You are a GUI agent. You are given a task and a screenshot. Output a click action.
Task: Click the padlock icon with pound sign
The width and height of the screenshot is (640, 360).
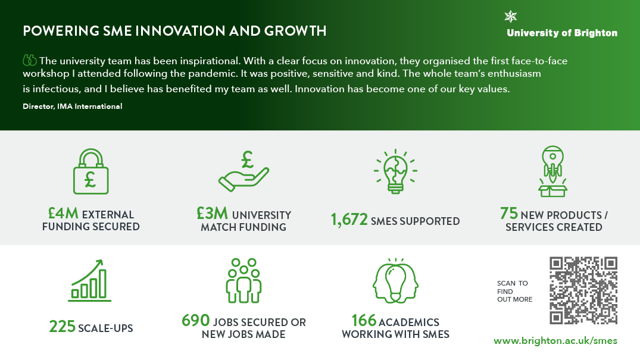pos(90,171)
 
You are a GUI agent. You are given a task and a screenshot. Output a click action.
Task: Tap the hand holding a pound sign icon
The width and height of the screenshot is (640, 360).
pos(243,171)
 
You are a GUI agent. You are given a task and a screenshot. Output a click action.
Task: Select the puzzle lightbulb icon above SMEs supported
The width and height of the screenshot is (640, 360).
pos(395,171)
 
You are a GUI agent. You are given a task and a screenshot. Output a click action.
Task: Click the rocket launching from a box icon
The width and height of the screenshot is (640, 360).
pos(552,171)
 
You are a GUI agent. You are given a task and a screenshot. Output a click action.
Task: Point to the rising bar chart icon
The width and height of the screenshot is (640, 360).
pos(90,280)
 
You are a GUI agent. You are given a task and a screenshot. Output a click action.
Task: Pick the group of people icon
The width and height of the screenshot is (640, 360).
pos(243,280)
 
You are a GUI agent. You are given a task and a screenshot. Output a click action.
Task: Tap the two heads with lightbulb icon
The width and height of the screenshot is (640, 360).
pos(395,280)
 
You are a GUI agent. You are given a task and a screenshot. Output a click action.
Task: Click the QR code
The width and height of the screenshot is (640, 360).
pos(583,290)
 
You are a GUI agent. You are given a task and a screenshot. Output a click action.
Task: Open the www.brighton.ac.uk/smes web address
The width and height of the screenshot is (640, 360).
pos(555,341)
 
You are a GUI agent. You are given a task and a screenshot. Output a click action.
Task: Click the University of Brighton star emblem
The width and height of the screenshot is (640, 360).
pos(511,16)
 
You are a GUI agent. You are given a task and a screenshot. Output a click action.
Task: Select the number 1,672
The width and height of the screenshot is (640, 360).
pos(349,220)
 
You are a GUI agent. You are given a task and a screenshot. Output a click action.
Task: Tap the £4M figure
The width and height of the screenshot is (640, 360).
pos(63,213)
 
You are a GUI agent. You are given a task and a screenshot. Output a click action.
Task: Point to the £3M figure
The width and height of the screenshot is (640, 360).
pos(213,213)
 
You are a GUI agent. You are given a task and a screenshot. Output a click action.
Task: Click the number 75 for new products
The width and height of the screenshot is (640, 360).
pos(509,213)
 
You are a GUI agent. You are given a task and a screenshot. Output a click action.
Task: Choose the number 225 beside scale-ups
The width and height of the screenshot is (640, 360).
pos(62,327)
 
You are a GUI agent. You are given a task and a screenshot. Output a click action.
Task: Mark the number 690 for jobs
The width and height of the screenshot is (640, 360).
pos(195,320)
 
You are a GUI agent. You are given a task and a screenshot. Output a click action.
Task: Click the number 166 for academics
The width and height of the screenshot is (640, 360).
pos(364,320)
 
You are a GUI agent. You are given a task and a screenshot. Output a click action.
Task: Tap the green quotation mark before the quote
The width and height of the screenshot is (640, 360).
pos(30,61)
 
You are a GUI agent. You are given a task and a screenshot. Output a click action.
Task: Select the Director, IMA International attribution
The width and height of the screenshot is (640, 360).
pos(72,106)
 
